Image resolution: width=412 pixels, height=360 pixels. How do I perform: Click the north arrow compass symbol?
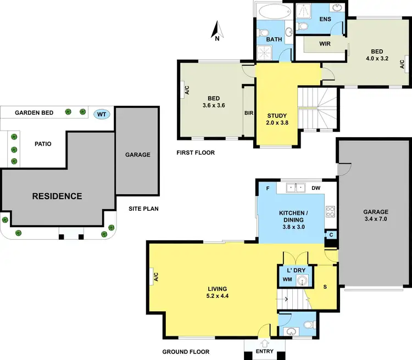click(x=217, y=31)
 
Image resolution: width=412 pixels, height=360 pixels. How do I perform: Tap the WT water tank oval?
click(x=101, y=114)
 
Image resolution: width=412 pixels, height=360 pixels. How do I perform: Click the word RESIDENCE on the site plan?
click(x=57, y=196)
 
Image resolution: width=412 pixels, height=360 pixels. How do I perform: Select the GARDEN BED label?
click(x=34, y=113)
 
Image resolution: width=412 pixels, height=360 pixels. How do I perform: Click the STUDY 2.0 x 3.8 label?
click(x=277, y=119)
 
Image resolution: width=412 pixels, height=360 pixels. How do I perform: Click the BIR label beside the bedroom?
click(x=248, y=113)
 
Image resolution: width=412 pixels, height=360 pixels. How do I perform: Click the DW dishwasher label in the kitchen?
click(x=316, y=187)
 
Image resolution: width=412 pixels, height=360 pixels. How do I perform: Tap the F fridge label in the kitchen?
click(x=267, y=187)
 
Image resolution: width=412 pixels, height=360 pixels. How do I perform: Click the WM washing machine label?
click(x=287, y=279)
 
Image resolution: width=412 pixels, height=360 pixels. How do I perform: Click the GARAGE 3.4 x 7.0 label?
click(x=376, y=215)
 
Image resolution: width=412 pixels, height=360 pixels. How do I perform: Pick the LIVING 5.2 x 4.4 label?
click(x=218, y=292)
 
